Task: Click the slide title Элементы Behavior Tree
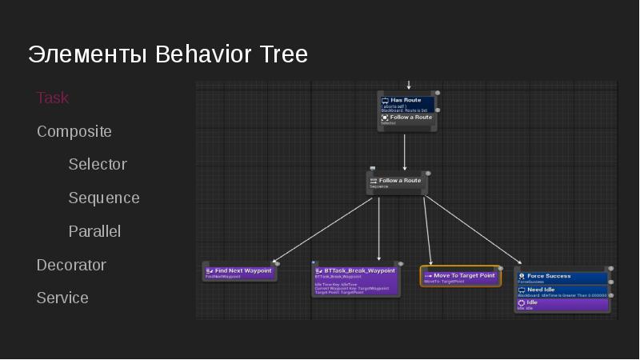click(x=168, y=54)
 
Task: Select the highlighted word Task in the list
click(x=53, y=98)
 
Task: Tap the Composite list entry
click(x=74, y=131)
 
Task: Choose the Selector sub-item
click(x=98, y=164)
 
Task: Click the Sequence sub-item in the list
click(x=104, y=198)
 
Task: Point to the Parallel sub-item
click(x=94, y=231)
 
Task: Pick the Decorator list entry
click(x=71, y=265)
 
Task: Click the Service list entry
click(x=62, y=298)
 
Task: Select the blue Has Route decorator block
click(x=406, y=104)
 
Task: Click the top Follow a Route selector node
click(x=406, y=119)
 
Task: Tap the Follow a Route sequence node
click(x=397, y=182)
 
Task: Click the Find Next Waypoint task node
click(x=239, y=272)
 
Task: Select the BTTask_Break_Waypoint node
click(x=355, y=280)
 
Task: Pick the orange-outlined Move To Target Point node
click(x=460, y=277)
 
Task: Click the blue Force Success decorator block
click(x=562, y=278)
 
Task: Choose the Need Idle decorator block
click(x=562, y=291)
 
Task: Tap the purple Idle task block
click(x=562, y=304)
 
